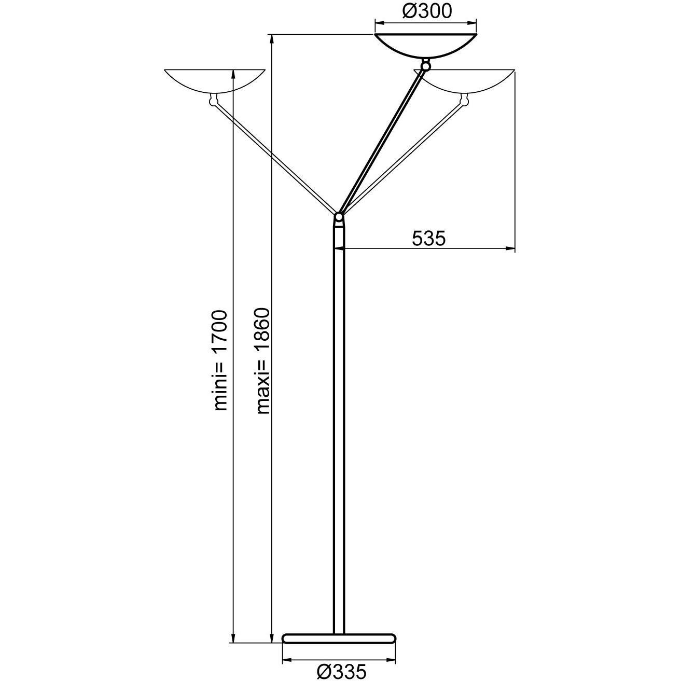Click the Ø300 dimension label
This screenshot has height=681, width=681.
click(x=426, y=11)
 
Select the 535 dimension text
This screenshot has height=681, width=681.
click(x=428, y=239)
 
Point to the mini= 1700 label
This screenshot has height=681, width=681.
click(x=221, y=360)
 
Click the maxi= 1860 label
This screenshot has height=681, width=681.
click(x=263, y=361)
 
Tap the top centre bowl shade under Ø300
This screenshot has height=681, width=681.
click(x=426, y=46)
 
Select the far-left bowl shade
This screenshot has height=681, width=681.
click(x=214, y=81)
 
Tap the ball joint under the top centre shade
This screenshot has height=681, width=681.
click(x=426, y=66)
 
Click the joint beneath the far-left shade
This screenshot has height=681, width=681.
click(x=213, y=101)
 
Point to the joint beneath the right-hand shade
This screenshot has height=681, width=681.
click(x=465, y=100)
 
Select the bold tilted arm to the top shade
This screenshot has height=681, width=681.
click(x=382, y=141)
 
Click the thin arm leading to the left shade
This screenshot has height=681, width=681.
click(x=275, y=158)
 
